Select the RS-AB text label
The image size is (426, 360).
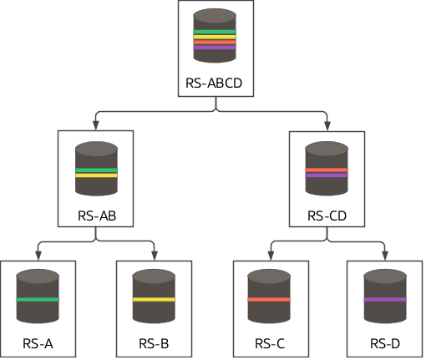(x=96, y=215)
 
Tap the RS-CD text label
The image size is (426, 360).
(x=327, y=215)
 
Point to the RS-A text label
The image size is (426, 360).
(x=38, y=344)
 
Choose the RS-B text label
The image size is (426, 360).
(x=154, y=344)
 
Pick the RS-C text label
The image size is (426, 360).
(x=269, y=344)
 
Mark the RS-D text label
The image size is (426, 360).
(x=384, y=344)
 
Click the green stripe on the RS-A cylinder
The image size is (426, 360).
(x=38, y=299)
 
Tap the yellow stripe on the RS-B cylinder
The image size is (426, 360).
(x=154, y=299)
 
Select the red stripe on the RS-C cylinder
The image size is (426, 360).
(x=269, y=299)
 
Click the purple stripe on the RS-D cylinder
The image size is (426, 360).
(x=384, y=299)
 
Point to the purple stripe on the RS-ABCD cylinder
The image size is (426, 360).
(x=215, y=48)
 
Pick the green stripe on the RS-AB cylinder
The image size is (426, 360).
(x=96, y=170)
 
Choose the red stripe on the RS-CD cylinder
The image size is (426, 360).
(x=327, y=170)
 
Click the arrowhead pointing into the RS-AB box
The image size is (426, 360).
(x=96, y=125)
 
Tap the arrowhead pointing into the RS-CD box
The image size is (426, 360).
(x=327, y=125)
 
